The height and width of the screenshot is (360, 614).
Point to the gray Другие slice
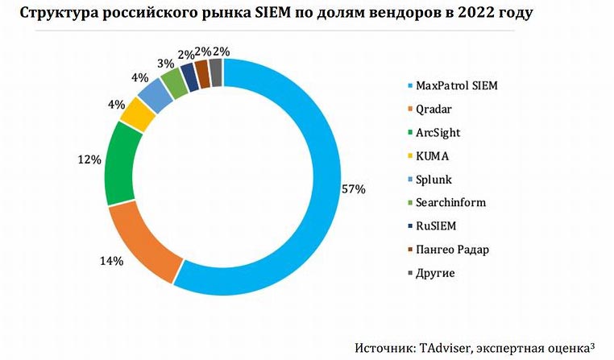pos(215,73)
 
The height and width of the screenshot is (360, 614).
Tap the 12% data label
pos(89,159)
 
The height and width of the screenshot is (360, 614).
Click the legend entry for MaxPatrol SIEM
pos(463,85)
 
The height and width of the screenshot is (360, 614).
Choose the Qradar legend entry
pos(438,109)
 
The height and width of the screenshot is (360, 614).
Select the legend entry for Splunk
pos(438,180)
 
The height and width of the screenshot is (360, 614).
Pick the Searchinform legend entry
pos(452,203)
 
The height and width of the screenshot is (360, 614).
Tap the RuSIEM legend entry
pos(440,226)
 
